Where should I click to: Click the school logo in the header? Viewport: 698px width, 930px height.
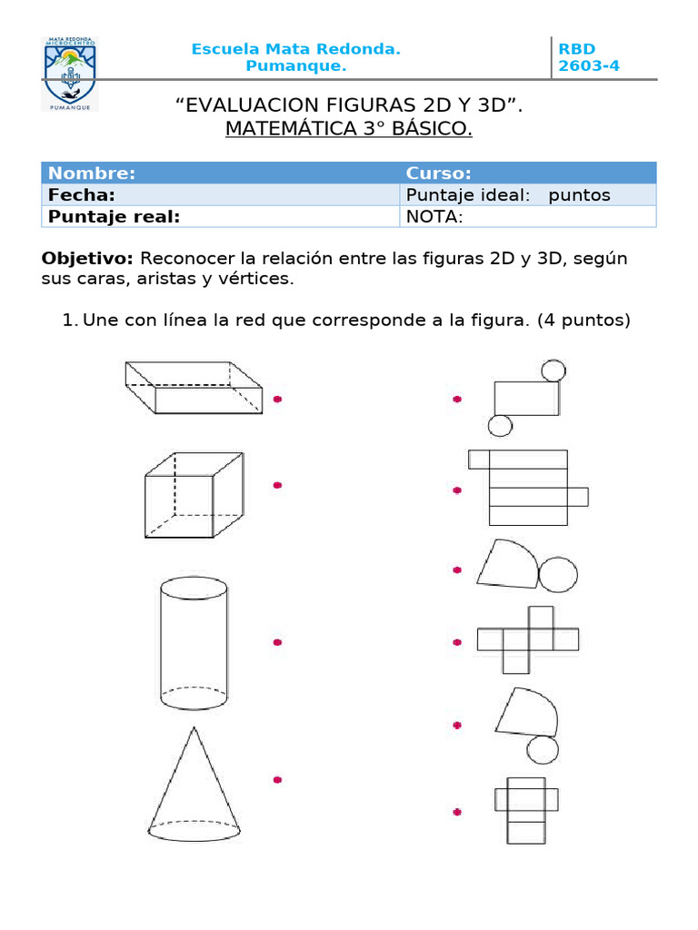point(70,74)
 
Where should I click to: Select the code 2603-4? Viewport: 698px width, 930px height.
point(589,66)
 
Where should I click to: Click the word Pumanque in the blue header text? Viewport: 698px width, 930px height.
point(296,66)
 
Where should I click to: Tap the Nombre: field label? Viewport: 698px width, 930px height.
point(92,173)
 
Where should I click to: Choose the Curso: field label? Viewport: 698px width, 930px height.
point(438,173)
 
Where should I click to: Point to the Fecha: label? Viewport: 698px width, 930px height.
point(81,195)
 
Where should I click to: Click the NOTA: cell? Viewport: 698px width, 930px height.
point(434,216)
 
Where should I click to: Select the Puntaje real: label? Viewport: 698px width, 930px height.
point(114,216)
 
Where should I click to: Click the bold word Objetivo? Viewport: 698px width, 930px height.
point(87,259)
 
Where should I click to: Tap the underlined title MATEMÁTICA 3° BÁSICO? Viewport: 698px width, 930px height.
point(349,130)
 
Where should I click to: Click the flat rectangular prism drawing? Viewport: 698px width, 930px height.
point(194,388)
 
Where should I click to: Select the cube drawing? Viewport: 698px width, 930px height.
point(194,494)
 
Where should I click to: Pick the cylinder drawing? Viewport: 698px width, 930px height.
point(194,645)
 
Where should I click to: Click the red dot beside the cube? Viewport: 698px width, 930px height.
point(277,485)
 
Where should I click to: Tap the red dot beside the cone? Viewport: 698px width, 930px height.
point(277,779)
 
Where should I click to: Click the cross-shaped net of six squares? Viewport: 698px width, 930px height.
point(528,639)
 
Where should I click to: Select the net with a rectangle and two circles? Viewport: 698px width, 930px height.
point(527,398)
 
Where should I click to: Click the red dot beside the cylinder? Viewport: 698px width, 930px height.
point(277,642)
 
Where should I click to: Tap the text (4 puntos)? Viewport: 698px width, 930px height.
point(583,320)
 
